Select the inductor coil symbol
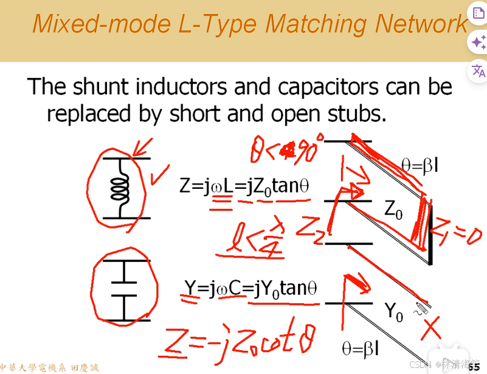(120, 188)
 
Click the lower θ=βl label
(360, 348)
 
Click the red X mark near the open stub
(431, 329)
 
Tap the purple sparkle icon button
(478, 42)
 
